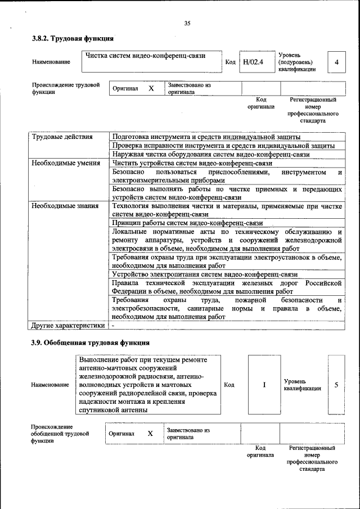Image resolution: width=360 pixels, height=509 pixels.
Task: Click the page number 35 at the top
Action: (187, 23)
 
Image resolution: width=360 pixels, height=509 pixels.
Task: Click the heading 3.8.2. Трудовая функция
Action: (73, 39)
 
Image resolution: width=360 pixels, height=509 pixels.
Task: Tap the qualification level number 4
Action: (336, 62)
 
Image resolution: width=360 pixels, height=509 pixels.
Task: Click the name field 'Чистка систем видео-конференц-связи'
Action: (145, 56)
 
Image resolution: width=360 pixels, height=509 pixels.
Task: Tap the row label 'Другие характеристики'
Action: (68, 325)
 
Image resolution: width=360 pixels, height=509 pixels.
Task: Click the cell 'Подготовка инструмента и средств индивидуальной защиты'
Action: (206, 137)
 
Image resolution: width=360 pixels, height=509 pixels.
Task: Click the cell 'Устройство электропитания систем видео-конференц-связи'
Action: (205, 274)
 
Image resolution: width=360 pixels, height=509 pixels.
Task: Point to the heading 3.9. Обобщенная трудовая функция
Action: (90, 343)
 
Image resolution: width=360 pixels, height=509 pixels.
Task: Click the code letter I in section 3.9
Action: (264, 385)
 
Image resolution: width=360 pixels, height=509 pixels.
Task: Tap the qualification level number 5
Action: (336, 385)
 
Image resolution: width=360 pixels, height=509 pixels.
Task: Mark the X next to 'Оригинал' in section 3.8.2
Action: (151, 89)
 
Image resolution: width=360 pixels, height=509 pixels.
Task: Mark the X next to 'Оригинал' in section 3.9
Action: (150, 434)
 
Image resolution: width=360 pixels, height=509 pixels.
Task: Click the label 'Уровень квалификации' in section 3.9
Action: (302, 385)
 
